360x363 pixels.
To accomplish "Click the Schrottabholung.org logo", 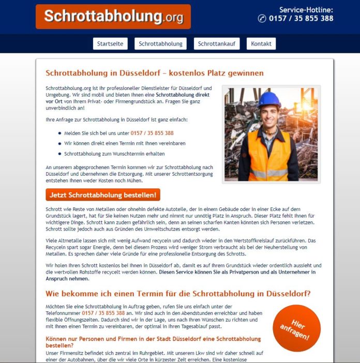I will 113,17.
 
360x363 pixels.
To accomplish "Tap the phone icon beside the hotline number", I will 262,19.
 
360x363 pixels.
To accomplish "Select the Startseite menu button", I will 110,44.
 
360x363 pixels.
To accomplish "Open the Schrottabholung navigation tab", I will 161,44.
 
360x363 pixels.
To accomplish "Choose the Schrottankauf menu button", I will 217,44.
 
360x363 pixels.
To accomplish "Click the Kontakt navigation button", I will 261,44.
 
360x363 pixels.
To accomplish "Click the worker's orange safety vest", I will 269,155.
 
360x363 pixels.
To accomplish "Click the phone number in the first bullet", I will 152,133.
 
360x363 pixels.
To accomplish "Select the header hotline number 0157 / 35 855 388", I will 301,19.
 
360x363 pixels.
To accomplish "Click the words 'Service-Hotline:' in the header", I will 306,9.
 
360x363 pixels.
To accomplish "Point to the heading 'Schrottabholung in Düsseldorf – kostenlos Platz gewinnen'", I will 155,73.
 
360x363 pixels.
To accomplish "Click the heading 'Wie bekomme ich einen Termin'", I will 178,294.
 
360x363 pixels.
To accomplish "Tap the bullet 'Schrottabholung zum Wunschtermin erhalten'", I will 114,154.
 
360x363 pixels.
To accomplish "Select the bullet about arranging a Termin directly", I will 117,143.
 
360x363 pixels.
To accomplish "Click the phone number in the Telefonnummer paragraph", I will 103,313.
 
